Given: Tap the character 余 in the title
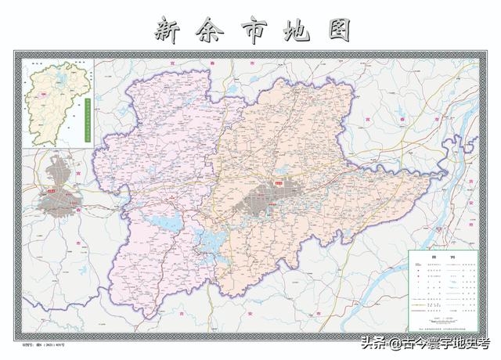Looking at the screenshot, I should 208,30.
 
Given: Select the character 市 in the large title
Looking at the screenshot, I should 250,30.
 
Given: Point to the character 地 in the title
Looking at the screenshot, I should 294,30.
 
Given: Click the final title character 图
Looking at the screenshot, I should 335,30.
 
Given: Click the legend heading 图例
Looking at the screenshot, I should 443,257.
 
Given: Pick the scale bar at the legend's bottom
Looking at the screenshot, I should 443,322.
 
